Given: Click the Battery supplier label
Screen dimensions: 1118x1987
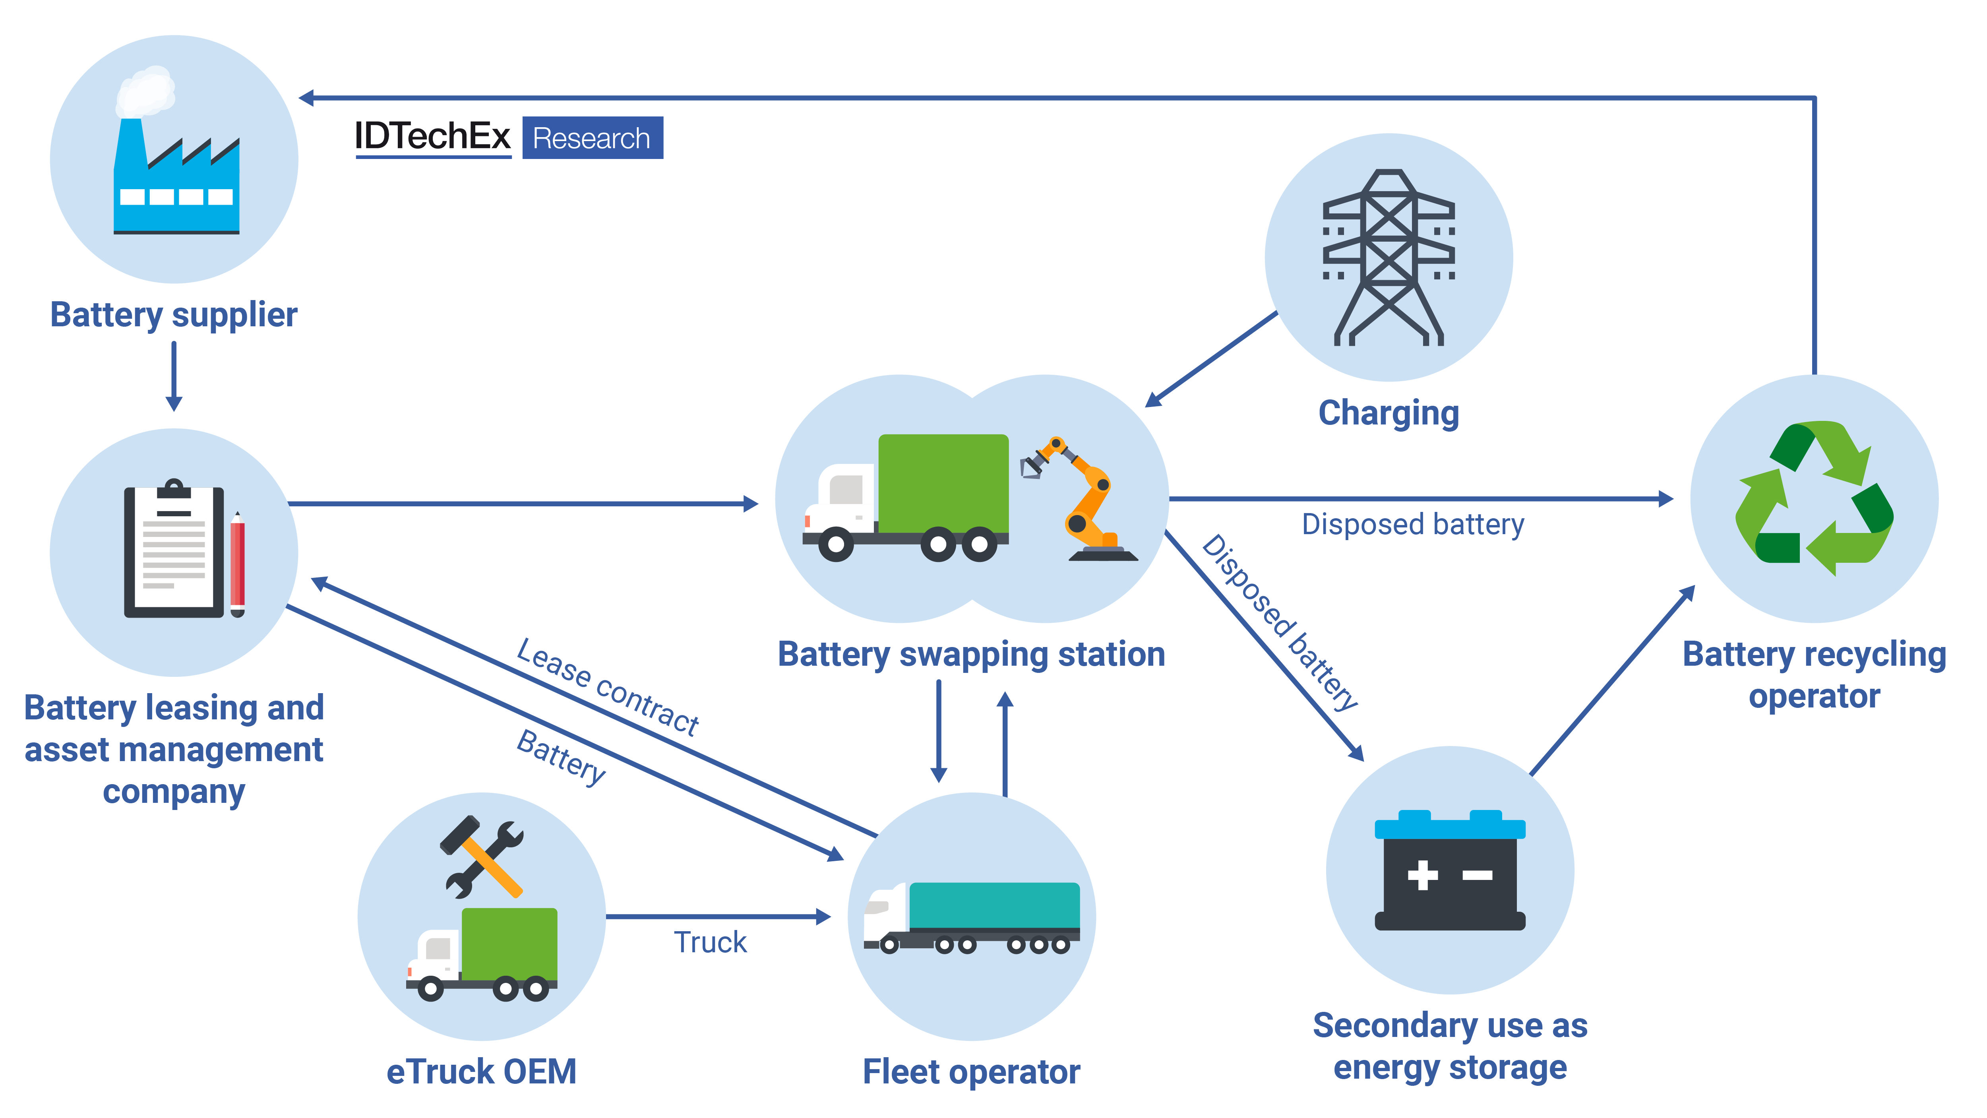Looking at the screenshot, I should point(174,315).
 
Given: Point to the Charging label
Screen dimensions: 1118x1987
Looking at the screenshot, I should point(1389,413).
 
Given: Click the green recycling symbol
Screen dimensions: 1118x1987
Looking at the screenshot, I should point(1814,498).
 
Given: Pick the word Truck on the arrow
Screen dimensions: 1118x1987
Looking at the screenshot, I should point(711,942).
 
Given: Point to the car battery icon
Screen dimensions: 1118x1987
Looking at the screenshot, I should point(1450,870).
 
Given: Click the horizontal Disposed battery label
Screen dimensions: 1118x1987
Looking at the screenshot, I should point(1413,525).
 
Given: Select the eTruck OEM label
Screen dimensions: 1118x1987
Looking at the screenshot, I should point(481,1072).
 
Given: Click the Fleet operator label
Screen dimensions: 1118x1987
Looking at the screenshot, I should point(971,1072).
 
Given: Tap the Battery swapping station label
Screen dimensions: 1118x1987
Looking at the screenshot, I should point(971,654).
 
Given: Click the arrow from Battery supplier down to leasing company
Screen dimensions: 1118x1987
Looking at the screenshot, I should point(174,376).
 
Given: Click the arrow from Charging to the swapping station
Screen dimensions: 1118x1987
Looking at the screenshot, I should point(1211,359).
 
